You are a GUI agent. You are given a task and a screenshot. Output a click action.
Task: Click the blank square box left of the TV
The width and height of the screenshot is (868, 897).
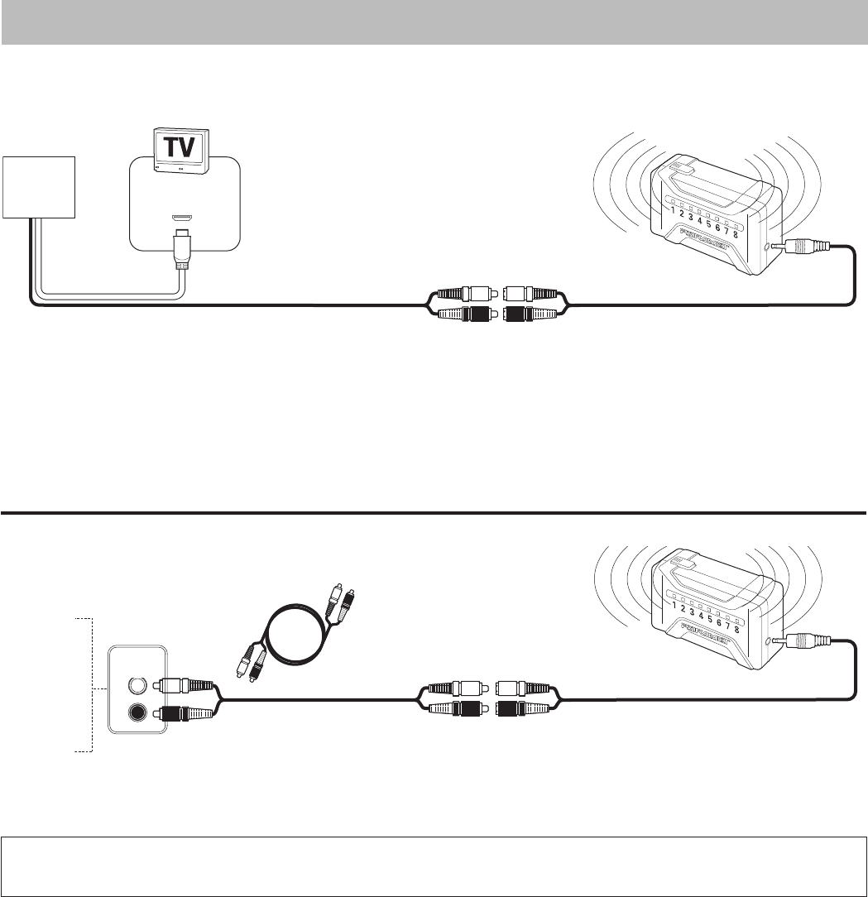(x=38, y=187)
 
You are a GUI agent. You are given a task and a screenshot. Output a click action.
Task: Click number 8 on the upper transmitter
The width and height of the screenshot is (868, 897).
(x=735, y=233)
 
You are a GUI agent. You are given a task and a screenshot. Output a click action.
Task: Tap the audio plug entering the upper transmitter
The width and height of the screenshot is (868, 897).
(x=803, y=246)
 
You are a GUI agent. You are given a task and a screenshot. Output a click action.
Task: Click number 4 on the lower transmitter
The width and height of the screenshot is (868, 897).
(x=700, y=616)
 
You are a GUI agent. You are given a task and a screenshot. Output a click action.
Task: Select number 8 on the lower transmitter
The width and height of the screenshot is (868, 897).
(x=735, y=628)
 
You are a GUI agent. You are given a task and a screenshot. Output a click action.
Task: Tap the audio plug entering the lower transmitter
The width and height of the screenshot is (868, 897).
(x=803, y=641)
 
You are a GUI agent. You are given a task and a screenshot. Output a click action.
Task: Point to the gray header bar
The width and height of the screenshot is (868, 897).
(x=434, y=22)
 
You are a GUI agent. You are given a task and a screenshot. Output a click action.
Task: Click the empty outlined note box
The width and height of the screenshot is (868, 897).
(x=434, y=866)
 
